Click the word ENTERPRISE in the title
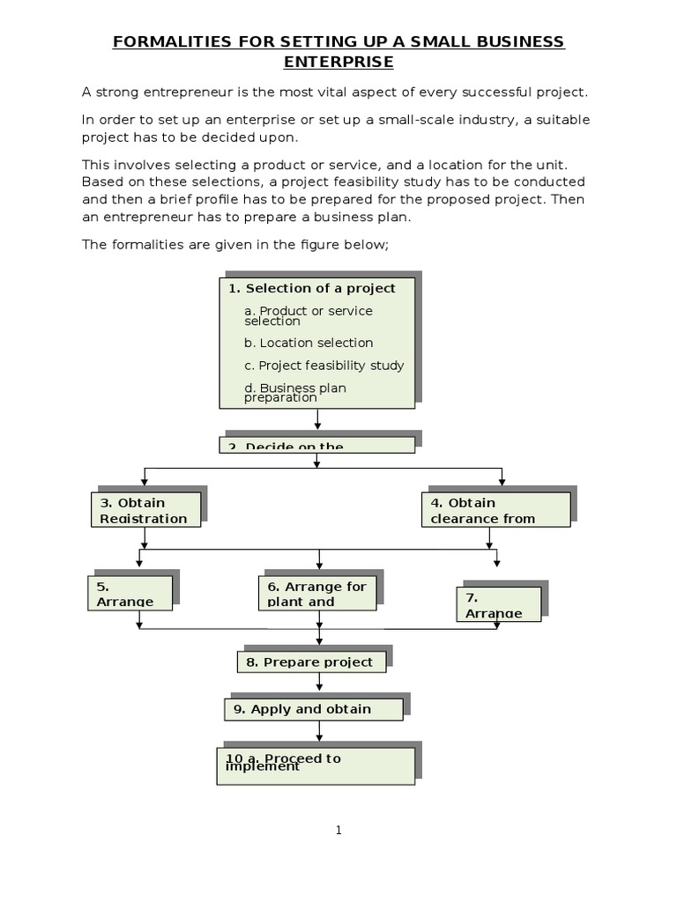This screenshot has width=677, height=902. click(338, 62)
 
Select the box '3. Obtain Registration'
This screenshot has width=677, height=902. click(145, 510)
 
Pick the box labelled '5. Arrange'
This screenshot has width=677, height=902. click(130, 593)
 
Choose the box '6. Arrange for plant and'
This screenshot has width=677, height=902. click(317, 593)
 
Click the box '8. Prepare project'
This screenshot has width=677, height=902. click(311, 662)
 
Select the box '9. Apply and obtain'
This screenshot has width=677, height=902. click(313, 709)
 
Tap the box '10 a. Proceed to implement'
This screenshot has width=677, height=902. click(316, 765)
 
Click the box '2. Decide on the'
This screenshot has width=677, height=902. click(316, 444)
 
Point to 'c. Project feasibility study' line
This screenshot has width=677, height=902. click(324, 366)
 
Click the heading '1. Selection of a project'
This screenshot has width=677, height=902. click(311, 288)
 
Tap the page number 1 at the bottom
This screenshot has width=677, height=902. click(338, 831)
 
